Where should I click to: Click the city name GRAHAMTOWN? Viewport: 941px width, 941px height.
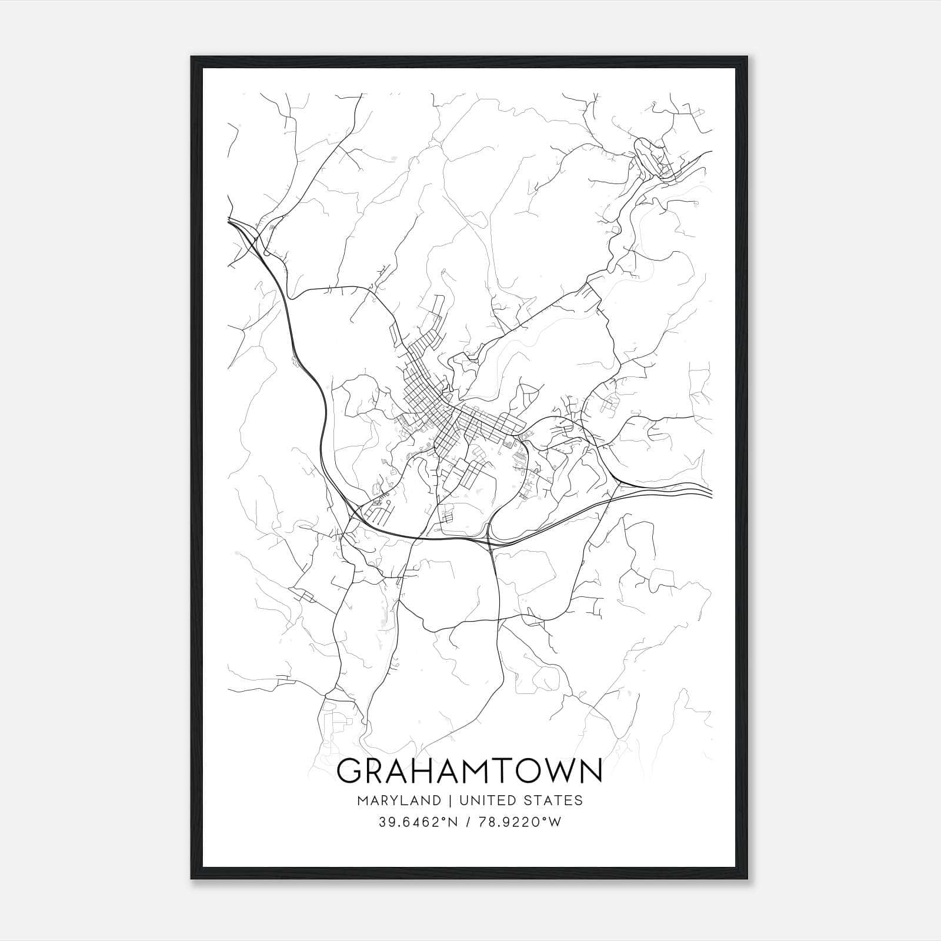pyautogui.click(x=470, y=771)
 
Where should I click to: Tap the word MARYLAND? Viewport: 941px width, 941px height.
pyautogui.click(x=398, y=800)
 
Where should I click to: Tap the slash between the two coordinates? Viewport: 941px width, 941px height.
pyautogui.click(x=468, y=822)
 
